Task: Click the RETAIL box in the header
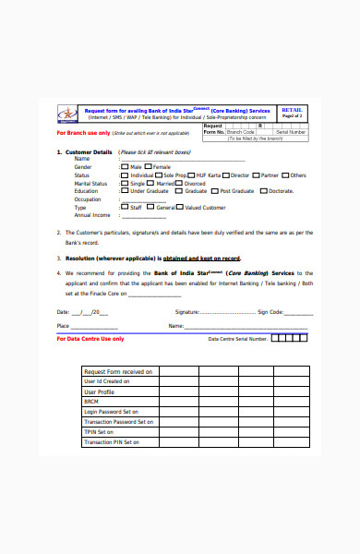pyautogui.click(x=292, y=111)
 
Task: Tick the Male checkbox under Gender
pyautogui.click(x=123, y=167)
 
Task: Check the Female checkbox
pyautogui.click(x=150, y=167)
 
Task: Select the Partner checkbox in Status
pyautogui.click(x=257, y=175)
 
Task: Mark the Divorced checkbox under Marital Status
pyautogui.click(x=181, y=184)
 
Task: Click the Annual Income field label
pyautogui.click(x=91, y=215)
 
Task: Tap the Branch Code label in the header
pyautogui.click(x=241, y=132)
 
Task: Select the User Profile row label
pyautogui.click(x=99, y=391)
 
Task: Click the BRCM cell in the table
pyautogui.click(x=91, y=402)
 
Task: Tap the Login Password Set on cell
pyautogui.click(x=111, y=412)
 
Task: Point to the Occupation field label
pyautogui.click(x=88, y=199)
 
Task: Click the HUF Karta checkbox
pyautogui.click(x=192, y=175)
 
